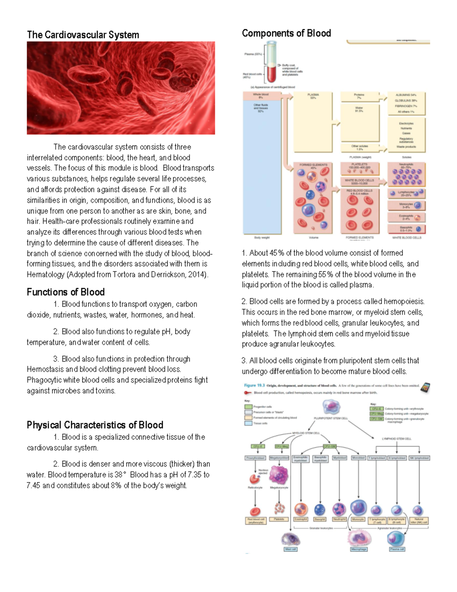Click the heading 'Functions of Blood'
point(66,292)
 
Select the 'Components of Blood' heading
point(286,34)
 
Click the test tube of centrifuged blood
point(272,63)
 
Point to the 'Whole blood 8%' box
point(261,96)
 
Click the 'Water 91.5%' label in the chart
point(359,109)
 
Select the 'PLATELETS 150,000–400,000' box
point(360,166)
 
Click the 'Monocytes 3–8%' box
point(406,205)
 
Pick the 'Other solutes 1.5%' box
point(360,148)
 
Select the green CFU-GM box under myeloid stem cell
point(329,446)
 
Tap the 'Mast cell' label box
point(290,549)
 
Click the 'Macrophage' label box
point(359,549)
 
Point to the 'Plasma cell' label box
point(397,549)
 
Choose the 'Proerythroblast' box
point(255,458)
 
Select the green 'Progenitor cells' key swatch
point(248,407)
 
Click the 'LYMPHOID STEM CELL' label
point(396,439)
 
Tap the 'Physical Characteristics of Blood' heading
point(95,425)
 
